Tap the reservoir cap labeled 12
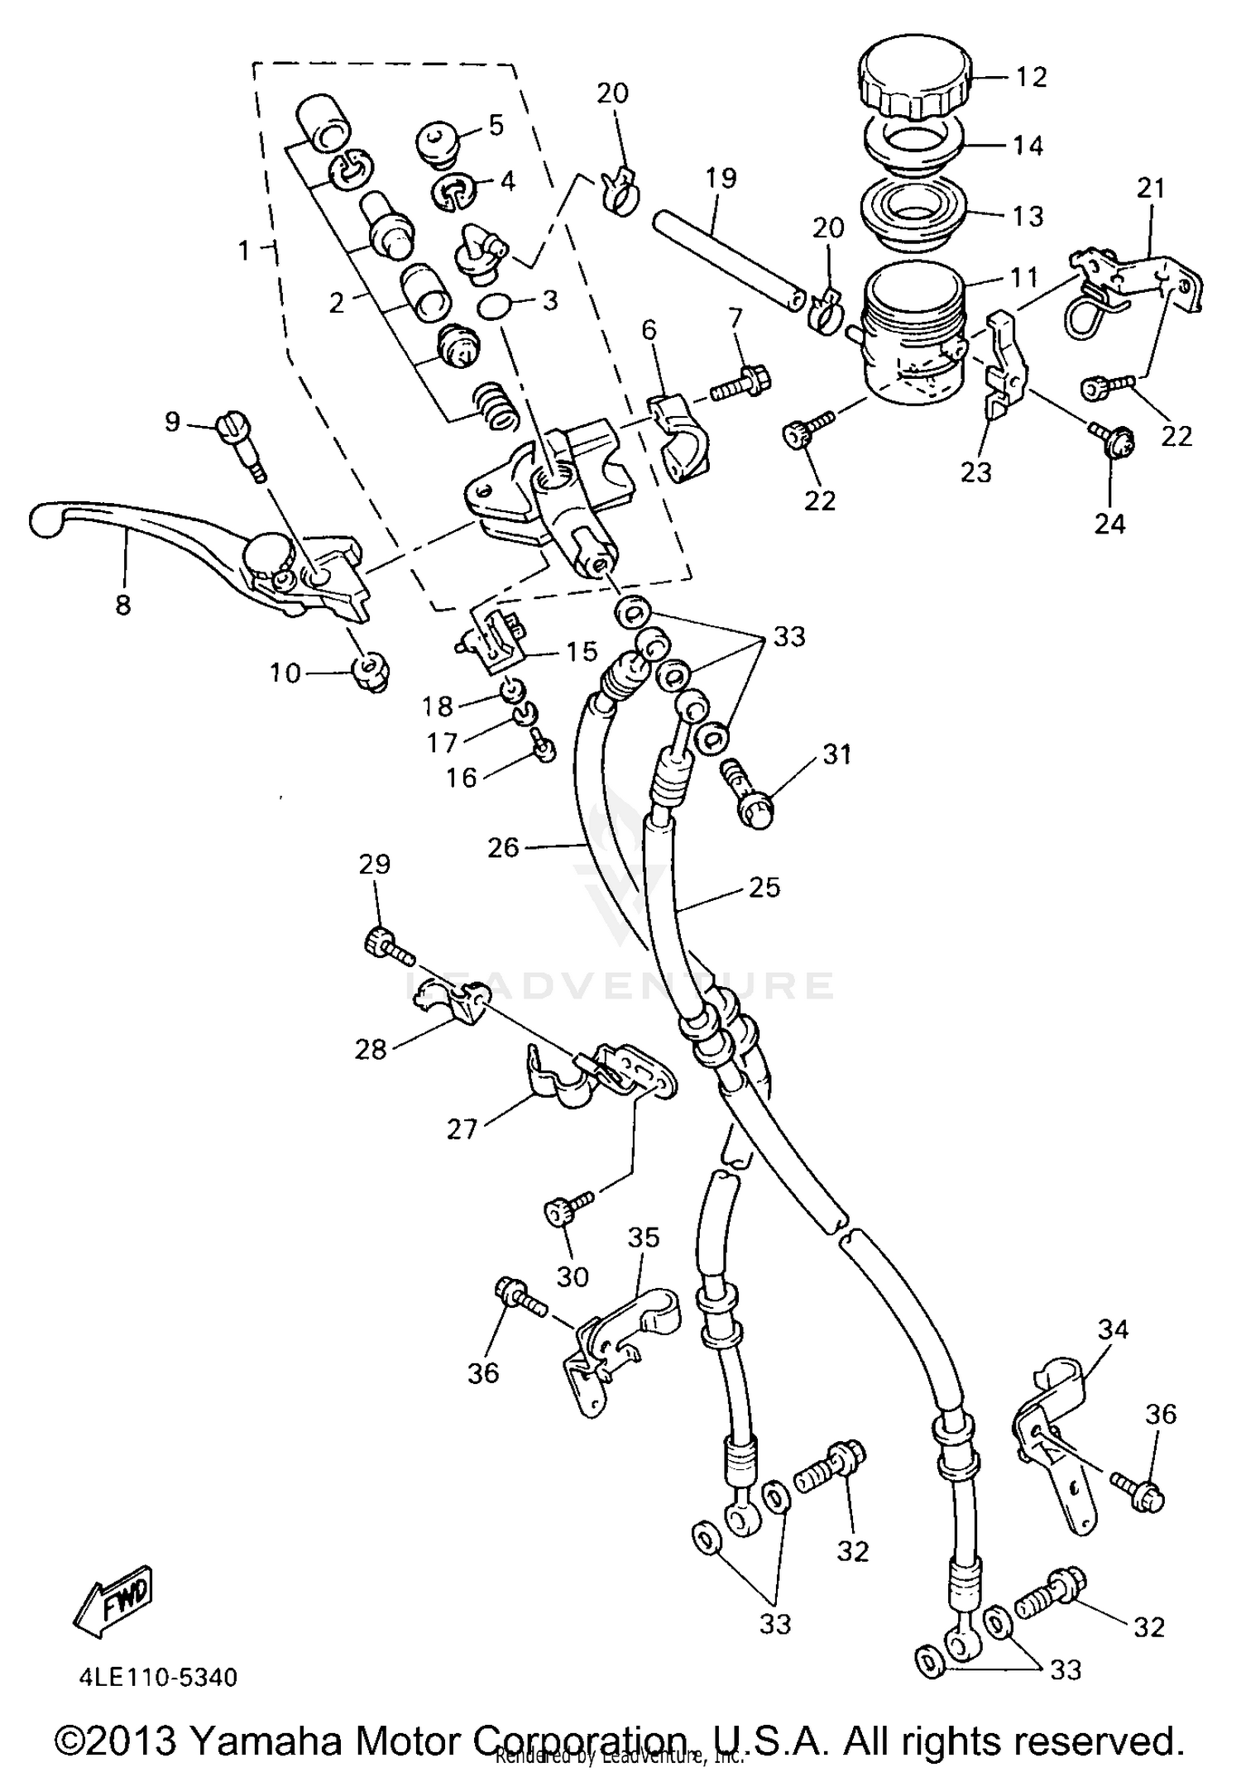coord(915,80)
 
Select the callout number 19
coord(721,178)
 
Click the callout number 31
coord(836,754)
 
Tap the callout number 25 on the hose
coord(764,887)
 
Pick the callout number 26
coord(503,846)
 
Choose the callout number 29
coord(374,864)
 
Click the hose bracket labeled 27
coord(596,1075)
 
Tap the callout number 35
coord(644,1238)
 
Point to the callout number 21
coord(1150,189)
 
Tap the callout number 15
coord(582,651)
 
